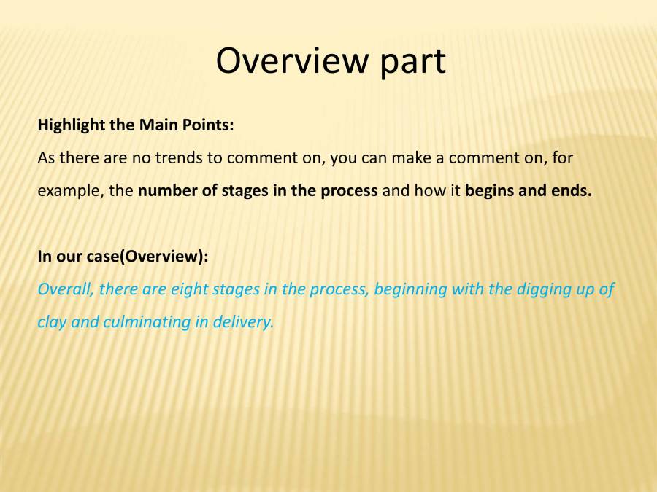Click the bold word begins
coord(490,192)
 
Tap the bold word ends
coord(571,192)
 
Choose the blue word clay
coord(51,322)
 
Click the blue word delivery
coord(242,322)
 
